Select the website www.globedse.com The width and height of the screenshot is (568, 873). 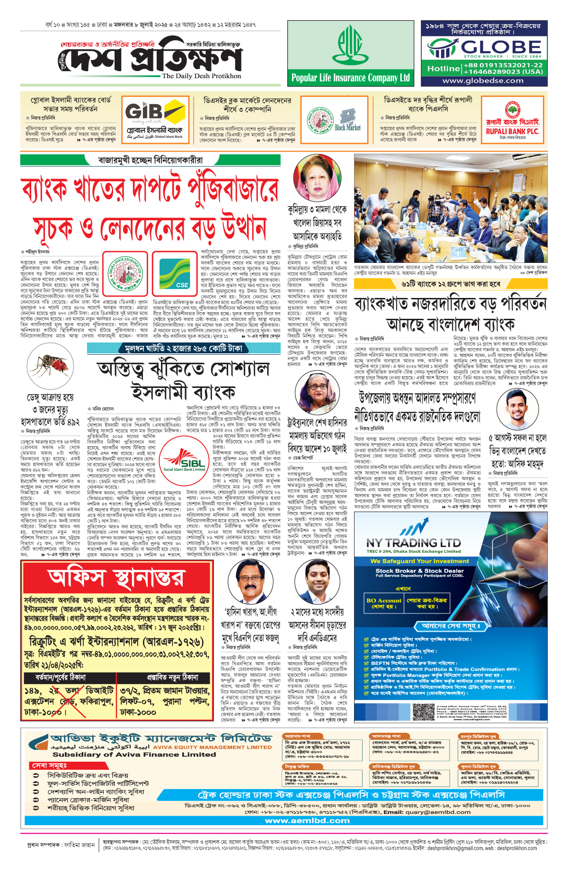pos(483,81)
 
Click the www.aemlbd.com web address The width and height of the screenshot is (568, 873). pos(307,820)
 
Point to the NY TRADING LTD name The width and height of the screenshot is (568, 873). pos(413,542)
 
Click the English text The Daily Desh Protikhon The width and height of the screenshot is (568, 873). pos(201,76)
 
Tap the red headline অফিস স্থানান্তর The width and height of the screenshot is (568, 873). pos(116,578)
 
